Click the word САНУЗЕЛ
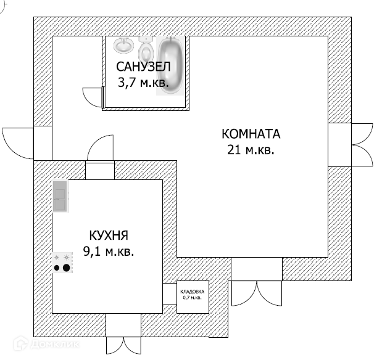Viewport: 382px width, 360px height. (143, 66)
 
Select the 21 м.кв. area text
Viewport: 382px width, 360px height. (251, 149)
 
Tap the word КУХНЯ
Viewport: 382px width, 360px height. (109, 235)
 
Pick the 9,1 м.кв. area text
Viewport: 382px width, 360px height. (109, 251)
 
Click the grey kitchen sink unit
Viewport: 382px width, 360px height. (60, 197)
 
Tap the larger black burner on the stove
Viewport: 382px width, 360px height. (66, 268)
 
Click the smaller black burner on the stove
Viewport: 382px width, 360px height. (57, 268)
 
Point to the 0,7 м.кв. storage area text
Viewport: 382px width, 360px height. (193, 298)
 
